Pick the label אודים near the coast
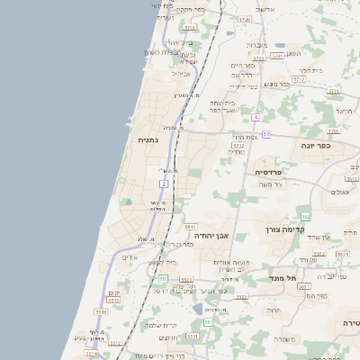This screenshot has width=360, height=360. [x=130, y=256]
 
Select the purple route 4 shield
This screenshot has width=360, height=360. [x=256, y=118]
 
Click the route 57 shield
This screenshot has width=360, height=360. [x=266, y=133]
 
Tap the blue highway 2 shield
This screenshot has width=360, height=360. [x=164, y=184]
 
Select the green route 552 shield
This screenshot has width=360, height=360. [x=306, y=217]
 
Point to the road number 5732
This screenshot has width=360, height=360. [x=238, y=144]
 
